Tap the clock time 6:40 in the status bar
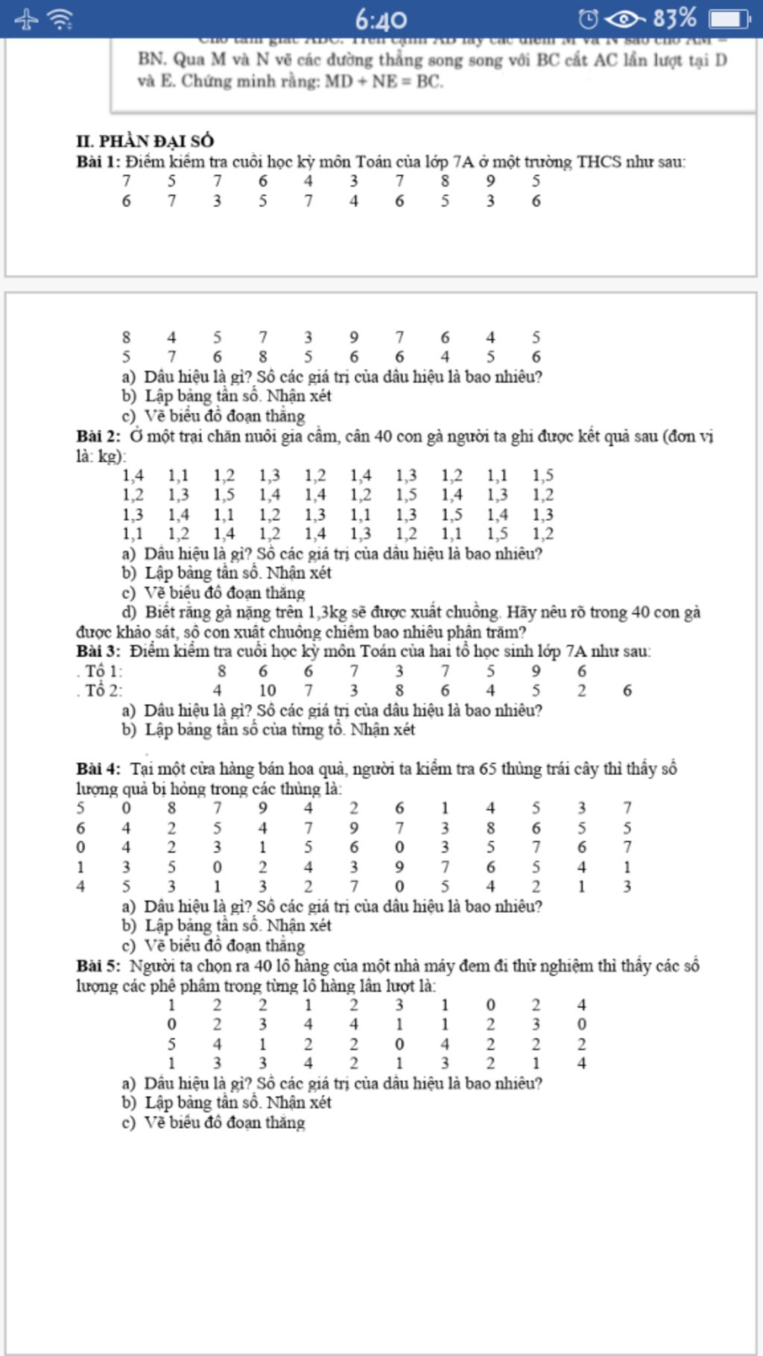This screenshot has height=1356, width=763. click(381, 19)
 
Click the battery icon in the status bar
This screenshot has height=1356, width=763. click(729, 19)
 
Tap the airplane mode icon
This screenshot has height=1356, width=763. click(26, 19)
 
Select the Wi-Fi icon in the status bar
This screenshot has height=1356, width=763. click(60, 19)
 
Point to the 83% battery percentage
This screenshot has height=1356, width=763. click(675, 18)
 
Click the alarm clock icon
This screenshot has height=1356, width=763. click(588, 19)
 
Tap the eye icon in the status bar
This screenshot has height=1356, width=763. click(624, 19)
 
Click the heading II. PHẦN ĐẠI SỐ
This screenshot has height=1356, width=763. click(145, 141)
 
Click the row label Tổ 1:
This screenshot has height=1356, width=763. click(103, 671)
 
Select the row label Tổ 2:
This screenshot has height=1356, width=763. click(103, 691)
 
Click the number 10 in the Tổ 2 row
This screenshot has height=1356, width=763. click(267, 691)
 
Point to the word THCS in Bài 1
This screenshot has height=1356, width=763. click(599, 162)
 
